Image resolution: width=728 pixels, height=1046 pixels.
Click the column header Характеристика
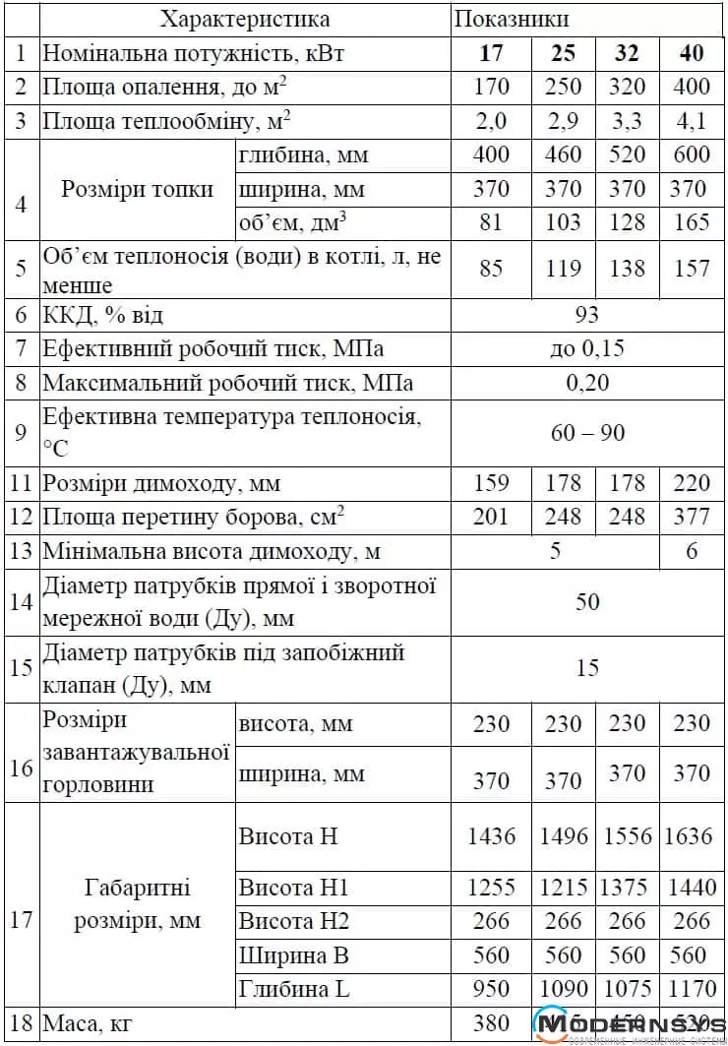click(x=245, y=20)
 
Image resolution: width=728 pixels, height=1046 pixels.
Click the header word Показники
click(x=512, y=20)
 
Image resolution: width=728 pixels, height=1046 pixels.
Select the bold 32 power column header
click(x=627, y=53)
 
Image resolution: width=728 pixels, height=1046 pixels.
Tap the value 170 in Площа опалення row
click(x=491, y=87)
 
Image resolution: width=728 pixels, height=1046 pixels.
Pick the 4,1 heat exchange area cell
click(x=692, y=121)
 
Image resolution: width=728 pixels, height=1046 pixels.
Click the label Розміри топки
click(x=138, y=189)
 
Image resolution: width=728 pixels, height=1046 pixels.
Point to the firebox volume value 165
click(x=692, y=222)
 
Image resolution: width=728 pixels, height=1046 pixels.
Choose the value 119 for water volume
click(x=563, y=268)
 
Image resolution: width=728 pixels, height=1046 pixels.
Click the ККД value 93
click(x=587, y=315)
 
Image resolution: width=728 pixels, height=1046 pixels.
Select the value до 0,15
click(x=587, y=348)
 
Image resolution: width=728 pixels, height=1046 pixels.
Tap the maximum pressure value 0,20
click(x=587, y=382)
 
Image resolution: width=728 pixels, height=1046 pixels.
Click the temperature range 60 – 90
click(x=587, y=433)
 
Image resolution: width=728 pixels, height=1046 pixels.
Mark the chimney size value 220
click(x=692, y=483)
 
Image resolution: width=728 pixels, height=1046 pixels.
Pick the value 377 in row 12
click(x=692, y=517)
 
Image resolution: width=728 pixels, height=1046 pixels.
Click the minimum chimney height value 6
click(x=692, y=551)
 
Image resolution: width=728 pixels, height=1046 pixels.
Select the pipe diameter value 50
click(x=587, y=601)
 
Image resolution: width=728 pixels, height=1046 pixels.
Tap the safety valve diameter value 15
click(x=587, y=669)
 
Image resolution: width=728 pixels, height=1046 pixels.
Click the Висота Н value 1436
click(x=491, y=836)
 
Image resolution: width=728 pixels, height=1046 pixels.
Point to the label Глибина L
click(x=294, y=990)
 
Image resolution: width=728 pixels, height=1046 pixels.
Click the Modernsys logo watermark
click(x=629, y=1025)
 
